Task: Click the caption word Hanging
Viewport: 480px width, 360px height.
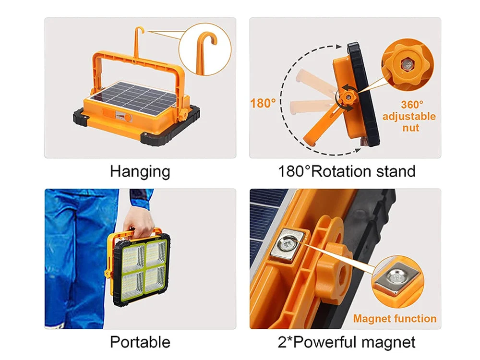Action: pyautogui.click(x=140, y=171)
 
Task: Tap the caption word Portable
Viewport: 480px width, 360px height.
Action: pyautogui.click(x=140, y=342)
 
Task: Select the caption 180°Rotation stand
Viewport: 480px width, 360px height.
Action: pyautogui.click(x=347, y=171)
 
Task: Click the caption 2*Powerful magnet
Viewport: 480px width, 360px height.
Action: pyautogui.click(x=347, y=342)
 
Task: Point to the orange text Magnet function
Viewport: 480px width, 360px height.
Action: pyautogui.click(x=395, y=318)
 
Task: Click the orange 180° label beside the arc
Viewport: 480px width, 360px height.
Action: pyautogui.click(x=263, y=103)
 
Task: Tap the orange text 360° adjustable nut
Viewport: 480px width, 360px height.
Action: pyautogui.click(x=409, y=116)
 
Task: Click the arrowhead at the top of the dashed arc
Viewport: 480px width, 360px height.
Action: pyautogui.click(x=338, y=47)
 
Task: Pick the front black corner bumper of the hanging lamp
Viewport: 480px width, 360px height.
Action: pyautogui.click(x=156, y=138)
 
